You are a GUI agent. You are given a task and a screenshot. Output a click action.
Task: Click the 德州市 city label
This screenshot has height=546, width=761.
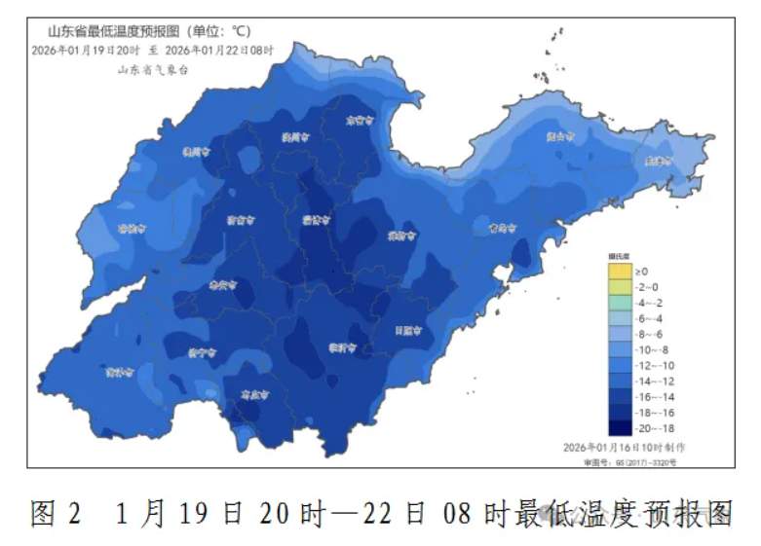[x=197, y=152]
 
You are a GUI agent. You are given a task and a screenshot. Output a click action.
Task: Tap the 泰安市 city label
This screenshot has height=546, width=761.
[x=223, y=285]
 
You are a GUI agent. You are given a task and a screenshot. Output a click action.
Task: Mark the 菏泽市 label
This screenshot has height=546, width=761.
[x=118, y=372]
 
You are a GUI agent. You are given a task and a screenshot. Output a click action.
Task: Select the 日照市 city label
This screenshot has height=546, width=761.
[x=408, y=330]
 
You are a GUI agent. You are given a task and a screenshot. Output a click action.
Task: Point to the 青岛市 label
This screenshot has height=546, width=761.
[x=501, y=228]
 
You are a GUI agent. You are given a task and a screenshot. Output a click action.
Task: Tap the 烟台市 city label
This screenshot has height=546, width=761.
[x=561, y=136]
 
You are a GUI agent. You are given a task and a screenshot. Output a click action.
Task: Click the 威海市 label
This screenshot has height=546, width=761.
[x=658, y=162]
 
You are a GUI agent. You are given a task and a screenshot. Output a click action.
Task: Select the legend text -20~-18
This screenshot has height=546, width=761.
[x=655, y=427]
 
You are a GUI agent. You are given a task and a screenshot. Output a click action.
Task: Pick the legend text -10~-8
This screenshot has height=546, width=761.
[x=655, y=348]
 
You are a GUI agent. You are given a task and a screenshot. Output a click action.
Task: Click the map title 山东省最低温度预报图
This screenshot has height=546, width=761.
[x=110, y=30]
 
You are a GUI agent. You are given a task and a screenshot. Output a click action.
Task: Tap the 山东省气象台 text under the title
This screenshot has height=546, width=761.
[x=152, y=69]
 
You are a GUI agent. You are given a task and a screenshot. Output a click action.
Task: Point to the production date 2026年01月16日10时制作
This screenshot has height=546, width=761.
[x=624, y=446]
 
